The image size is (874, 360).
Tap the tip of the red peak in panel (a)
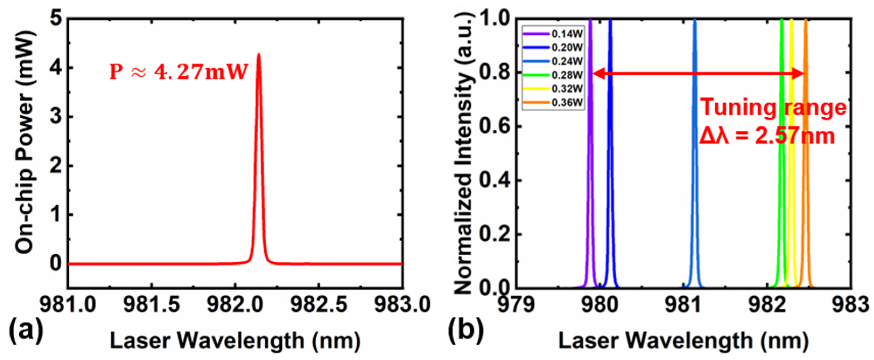(x=259, y=54)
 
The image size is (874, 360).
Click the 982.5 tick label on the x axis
(x=319, y=304)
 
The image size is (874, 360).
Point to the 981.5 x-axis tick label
(x=151, y=304)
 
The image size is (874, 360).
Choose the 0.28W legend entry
(x=553, y=75)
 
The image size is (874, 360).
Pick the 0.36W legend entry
(x=553, y=102)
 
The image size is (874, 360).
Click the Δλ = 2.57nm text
(x=767, y=137)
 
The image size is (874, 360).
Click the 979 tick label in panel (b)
(x=515, y=304)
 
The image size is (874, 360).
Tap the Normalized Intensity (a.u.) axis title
(x=464, y=153)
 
